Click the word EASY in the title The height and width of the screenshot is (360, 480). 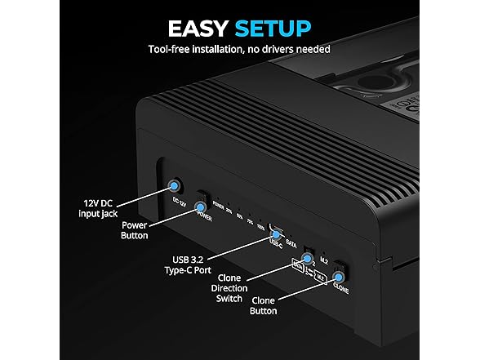(199, 29)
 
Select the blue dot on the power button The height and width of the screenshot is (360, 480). (199, 213)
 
